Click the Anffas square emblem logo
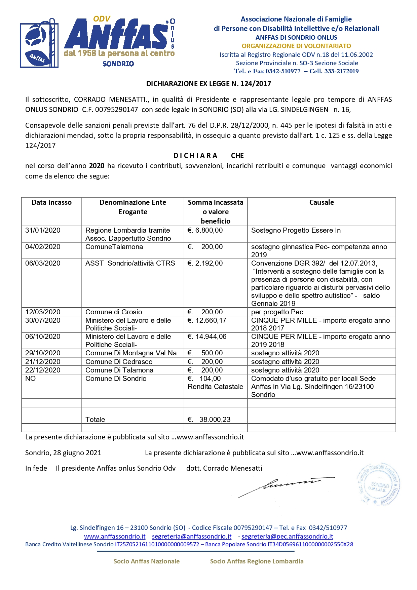pyautogui.click(x=39, y=44)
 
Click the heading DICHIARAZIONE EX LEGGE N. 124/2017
pyautogui.click(x=208, y=84)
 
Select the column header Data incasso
pyautogui.click(x=51, y=202)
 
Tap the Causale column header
pyautogui.click(x=321, y=202)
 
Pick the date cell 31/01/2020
pyautogui.click(x=43, y=230)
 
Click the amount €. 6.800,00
pyautogui.click(x=205, y=230)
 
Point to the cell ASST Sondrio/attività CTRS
pyautogui.click(x=130, y=263)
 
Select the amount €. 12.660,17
pyautogui.click(x=207, y=320)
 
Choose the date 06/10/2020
pyautogui.click(x=43, y=337)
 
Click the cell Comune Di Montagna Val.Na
pyautogui.click(x=131, y=353)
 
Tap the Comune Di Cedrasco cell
pyautogui.click(x=119, y=362)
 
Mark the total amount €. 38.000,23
pyautogui.click(x=209, y=420)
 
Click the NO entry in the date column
pyautogui.click(x=30, y=379)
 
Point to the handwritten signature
pyautogui.click(x=286, y=486)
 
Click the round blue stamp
pyautogui.click(x=378, y=484)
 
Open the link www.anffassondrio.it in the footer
pyautogui.click(x=115, y=537)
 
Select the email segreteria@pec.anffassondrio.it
pyautogui.click(x=287, y=537)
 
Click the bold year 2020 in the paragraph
pyautogui.click(x=97, y=166)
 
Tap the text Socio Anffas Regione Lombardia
pyautogui.click(x=257, y=561)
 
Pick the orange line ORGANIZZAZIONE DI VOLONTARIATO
pyautogui.click(x=296, y=46)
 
